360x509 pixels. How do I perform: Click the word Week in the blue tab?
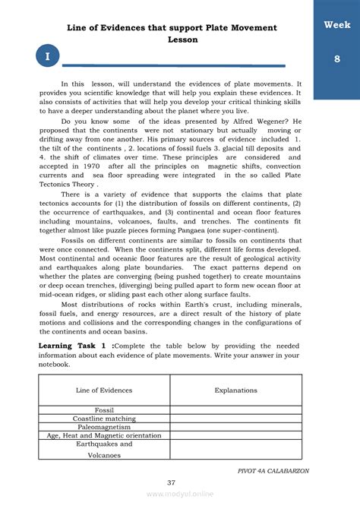(336, 25)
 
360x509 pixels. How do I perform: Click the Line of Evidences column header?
(104, 390)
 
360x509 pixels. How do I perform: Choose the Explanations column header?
(235, 390)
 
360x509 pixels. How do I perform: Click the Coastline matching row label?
(104, 419)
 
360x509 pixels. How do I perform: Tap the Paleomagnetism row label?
(104, 427)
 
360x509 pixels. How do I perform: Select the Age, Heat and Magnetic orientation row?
(104, 435)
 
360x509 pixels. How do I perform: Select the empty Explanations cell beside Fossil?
(235, 409)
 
